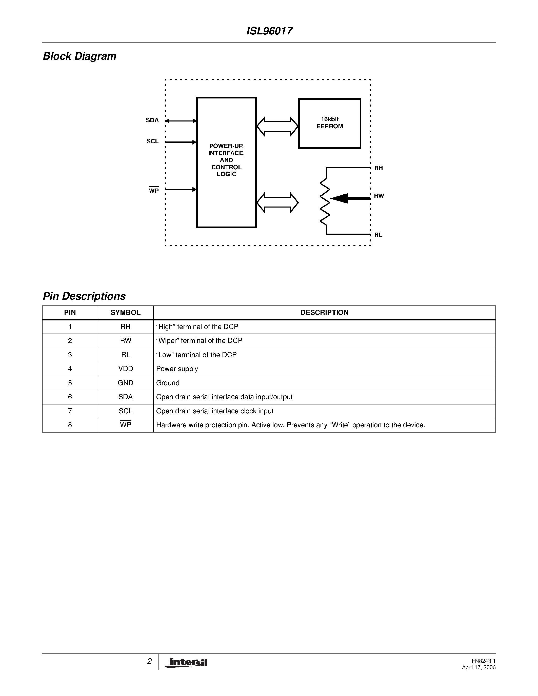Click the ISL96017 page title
(x=269, y=31)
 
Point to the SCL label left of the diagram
(x=152, y=141)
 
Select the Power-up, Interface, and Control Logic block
(x=226, y=162)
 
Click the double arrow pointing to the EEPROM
(x=277, y=127)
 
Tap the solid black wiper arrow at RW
(x=350, y=198)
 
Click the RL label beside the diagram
(x=378, y=235)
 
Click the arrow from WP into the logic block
(x=181, y=190)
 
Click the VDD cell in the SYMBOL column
(x=125, y=369)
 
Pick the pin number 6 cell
(x=70, y=397)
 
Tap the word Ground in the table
(x=168, y=383)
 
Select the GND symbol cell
(x=125, y=383)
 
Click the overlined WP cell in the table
(x=125, y=425)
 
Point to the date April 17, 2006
(x=479, y=667)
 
